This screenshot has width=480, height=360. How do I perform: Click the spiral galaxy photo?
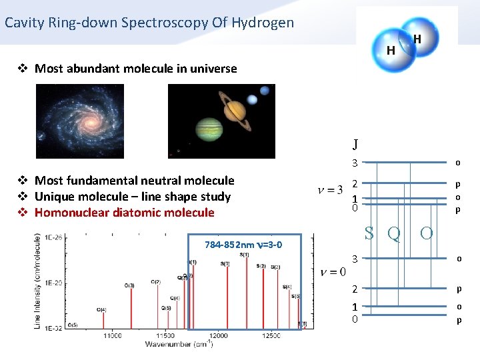click(79, 121)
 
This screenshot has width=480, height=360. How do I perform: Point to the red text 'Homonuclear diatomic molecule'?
click(124, 213)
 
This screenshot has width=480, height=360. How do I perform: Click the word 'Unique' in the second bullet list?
click(55, 197)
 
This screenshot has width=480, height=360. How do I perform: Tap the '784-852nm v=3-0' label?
click(243, 244)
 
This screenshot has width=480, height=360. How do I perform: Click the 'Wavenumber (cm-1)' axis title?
click(180, 344)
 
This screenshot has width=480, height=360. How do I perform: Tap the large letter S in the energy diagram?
click(369, 233)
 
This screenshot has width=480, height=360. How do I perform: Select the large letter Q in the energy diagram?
click(393, 234)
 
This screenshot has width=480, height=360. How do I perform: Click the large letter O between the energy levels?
click(426, 233)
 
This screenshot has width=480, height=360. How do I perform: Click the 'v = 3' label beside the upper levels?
click(330, 191)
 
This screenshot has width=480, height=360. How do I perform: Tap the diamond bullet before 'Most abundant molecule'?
click(23, 69)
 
